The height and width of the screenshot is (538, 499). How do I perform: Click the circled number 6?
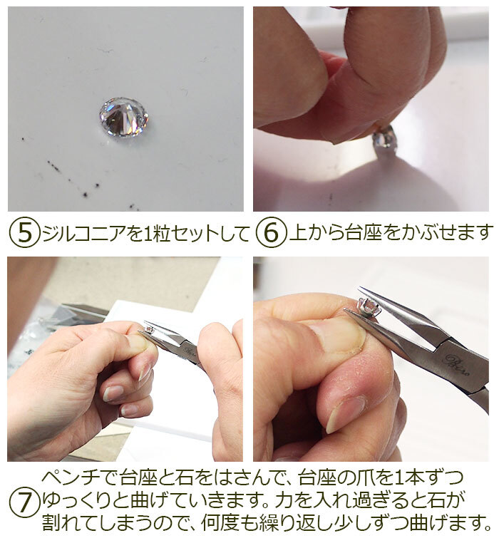[x=271, y=232]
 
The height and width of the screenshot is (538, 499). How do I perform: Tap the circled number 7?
[x=24, y=505]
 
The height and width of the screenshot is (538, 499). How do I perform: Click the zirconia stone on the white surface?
[x=123, y=116]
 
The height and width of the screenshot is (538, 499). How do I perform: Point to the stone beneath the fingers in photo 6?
[x=384, y=137]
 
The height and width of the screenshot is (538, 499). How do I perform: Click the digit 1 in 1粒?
[x=147, y=233]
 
